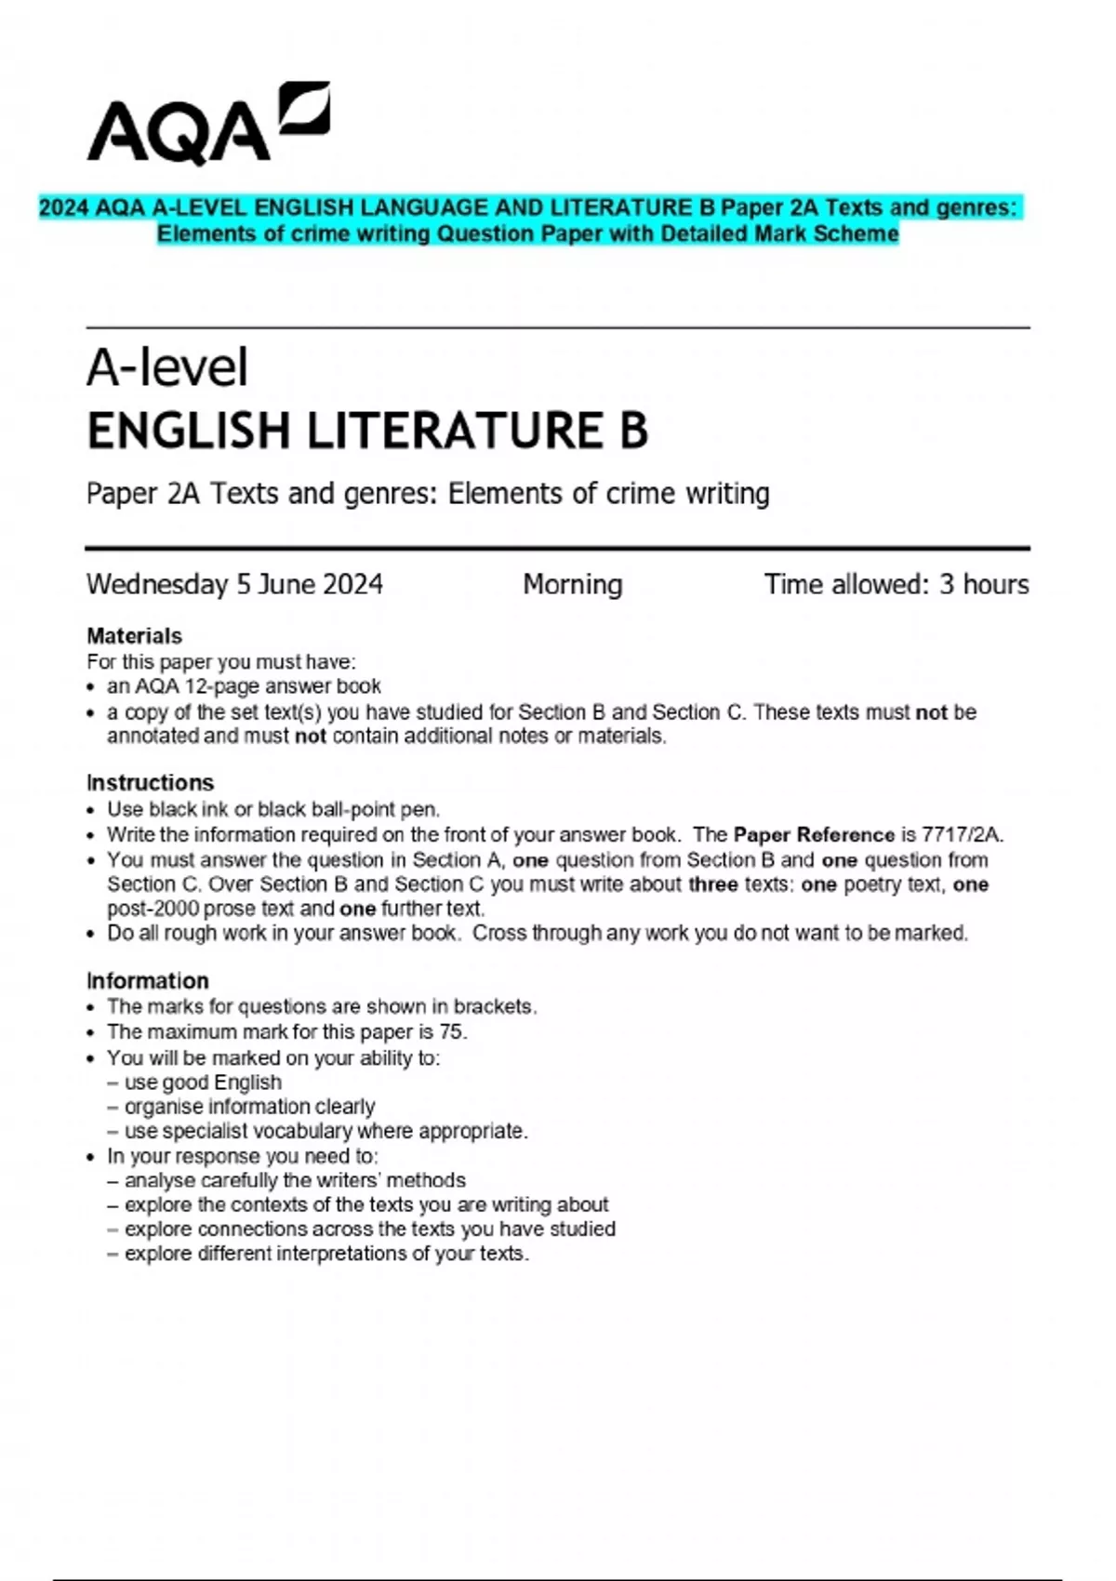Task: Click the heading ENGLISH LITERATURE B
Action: click(x=367, y=432)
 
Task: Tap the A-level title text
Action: click(x=167, y=367)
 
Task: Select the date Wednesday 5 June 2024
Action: click(x=234, y=584)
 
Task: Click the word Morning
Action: click(x=572, y=584)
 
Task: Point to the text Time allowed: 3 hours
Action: click(x=896, y=584)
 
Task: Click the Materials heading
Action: click(x=134, y=636)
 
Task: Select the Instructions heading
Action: click(x=150, y=782)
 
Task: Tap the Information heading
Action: click(x=147, y=980)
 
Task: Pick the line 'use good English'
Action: click(x=203, y=1083)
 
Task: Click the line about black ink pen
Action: click(x=273, y=809)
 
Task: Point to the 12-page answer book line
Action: click(x=244, y=686)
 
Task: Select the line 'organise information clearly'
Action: click(x=249, y=1107)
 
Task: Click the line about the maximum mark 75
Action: click(x=286, y=1031)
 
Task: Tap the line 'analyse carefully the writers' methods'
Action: click(x=294, y=1180)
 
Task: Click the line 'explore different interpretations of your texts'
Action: click(x=325, y=1254)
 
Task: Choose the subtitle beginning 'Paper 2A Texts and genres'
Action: click(x=428, y=493)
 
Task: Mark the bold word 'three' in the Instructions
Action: click(x=712, y=884)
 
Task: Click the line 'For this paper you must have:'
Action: click(x=221, y=662)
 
